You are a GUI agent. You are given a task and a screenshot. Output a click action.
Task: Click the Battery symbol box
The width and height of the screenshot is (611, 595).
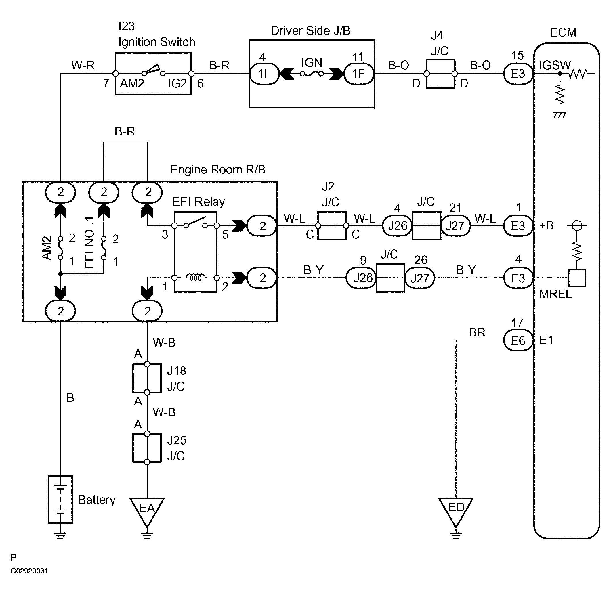[60, 499]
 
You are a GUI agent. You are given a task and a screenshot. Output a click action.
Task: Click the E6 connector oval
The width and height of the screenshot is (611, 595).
[518, 340]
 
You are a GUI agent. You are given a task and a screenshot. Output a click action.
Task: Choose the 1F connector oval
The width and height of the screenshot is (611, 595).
[358, 74]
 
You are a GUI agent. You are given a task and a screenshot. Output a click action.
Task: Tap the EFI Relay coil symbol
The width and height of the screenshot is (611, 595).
[196, 277]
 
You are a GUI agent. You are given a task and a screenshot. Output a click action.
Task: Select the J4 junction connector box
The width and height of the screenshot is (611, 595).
[441, 74]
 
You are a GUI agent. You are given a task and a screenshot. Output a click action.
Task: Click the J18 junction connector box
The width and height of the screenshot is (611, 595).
[147, 378]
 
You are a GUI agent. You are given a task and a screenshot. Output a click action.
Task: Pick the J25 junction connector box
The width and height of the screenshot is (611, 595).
[147, 448]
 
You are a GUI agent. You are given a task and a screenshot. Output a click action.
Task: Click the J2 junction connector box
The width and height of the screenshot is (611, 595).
[332, 226]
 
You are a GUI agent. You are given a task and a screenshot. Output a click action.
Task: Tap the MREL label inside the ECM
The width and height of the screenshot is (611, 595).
[555, 294]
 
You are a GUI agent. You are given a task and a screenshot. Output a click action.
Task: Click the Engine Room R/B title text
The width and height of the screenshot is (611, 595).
[217, 169]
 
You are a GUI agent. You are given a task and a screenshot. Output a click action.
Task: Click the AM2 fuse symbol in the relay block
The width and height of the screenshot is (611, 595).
[61, 248]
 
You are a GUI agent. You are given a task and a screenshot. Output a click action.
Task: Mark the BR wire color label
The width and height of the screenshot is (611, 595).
[477, 332]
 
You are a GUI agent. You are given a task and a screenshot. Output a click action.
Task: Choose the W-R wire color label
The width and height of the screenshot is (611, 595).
[83, 65]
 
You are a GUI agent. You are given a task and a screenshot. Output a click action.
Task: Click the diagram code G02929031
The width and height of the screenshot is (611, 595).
[29, 571]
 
